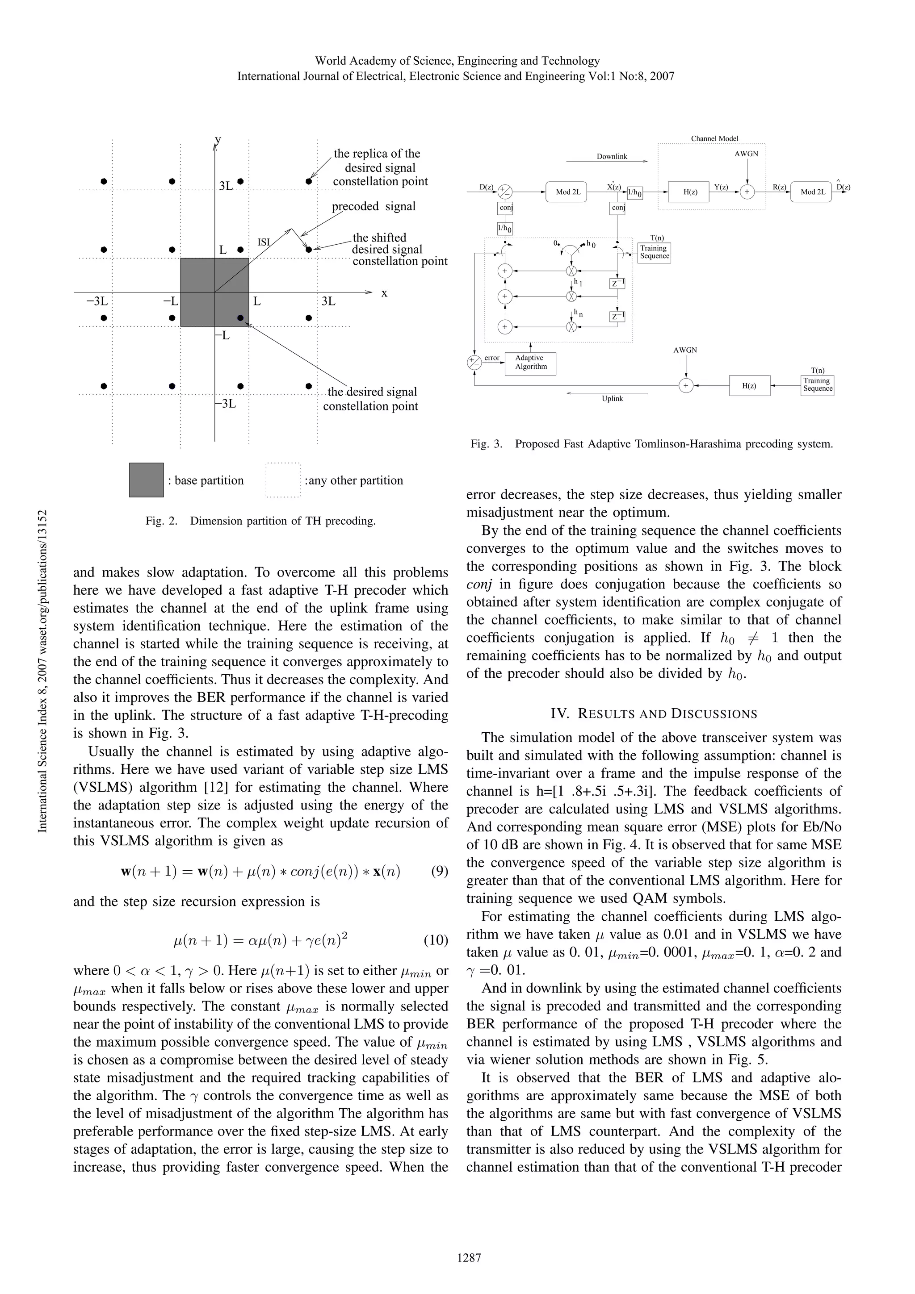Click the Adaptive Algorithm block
(530, 363)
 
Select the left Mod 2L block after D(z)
(566, 192)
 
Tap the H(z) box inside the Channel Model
(690, 192)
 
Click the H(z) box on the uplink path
(749, 386)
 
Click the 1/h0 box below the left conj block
(504, 229)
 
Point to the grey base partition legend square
(146, 480)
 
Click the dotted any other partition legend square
(283, 480)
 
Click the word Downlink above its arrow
(612, 157)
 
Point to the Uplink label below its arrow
(612, 398)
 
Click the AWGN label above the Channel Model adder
(747, 153)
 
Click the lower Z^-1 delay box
(617, 317)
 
